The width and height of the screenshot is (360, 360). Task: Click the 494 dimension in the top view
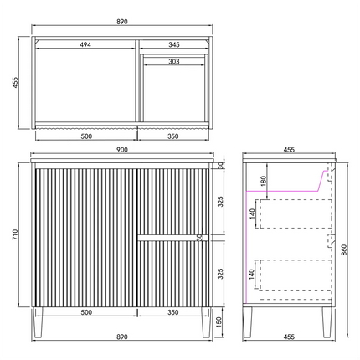(x=85, y=44)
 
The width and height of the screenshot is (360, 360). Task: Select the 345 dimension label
(x=174, y=44)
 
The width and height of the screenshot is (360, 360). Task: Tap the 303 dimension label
(x=174, y=61)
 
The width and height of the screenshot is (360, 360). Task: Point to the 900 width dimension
(x=122, y=150)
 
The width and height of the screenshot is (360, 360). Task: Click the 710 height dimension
(x=15, y=234)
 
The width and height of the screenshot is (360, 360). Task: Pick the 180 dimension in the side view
(x=264, y=181)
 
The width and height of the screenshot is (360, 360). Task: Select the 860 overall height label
(x=344, y=249)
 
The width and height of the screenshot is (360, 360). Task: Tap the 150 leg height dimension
(x=219, y=322)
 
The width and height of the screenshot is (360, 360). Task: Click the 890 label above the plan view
(x=122, y=22)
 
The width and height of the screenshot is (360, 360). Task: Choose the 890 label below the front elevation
(x=122, y=337)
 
